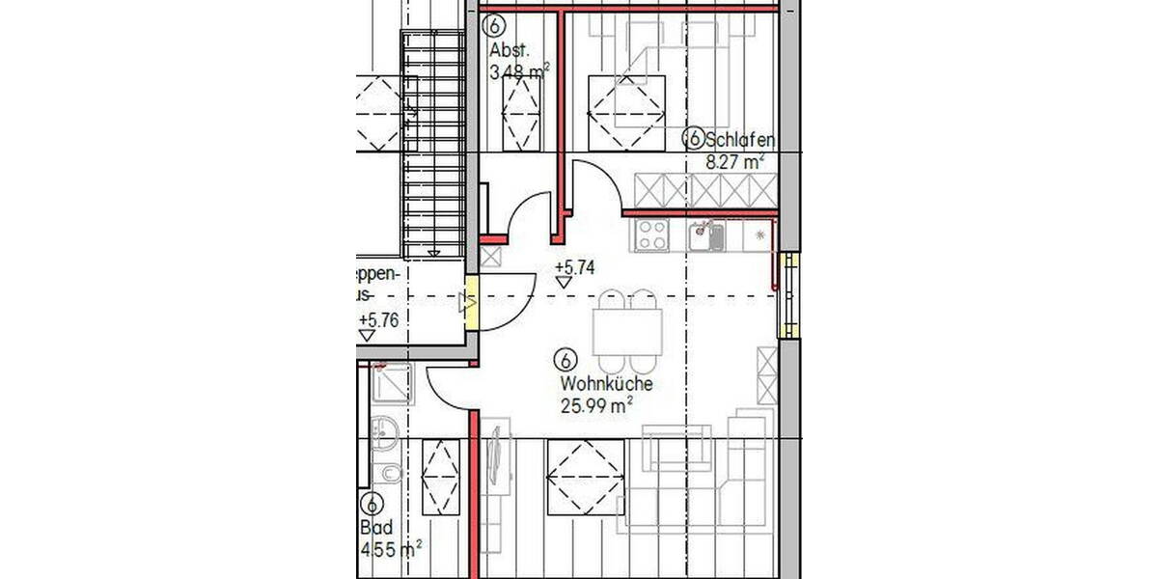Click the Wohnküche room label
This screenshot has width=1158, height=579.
[606, 384]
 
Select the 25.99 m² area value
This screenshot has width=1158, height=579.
[596, 405]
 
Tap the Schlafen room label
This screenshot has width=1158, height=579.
[739, 140]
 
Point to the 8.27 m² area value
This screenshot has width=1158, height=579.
[734, 163]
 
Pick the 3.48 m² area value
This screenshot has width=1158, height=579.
[519, 70]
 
